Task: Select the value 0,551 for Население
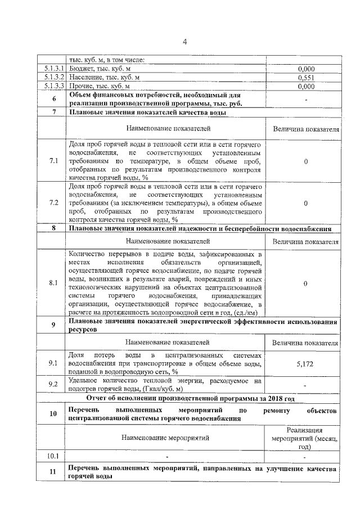pyautogui.click(x=305, y=78)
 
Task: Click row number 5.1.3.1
pyautogui.click(x=53, y=69)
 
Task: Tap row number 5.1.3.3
pyautogui.click(x=53, y=87)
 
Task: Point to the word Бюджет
pyautogui.click(x=81, y=69)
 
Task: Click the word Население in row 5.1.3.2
pyautogui.click(x=86, y=78)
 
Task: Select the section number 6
pyautogui.click(x=53, y=99)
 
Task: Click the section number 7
pyautogui.click(x=53, y=112)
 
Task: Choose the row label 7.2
pyautogui.click(x=53, y=203)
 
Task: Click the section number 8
pyautogui.click(x=53, y=228)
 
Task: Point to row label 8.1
pyautogui.click(x=53, y=283)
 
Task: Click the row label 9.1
pyautogui.click(x=53, y=363)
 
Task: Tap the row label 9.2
pyautogui.click(x=53, y=385)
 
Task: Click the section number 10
pyautogui.click(x=53, y=415)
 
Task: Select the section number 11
pyautogui.click(x=53, y=472)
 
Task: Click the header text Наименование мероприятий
pyautogui.click(x=167, y=437)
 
